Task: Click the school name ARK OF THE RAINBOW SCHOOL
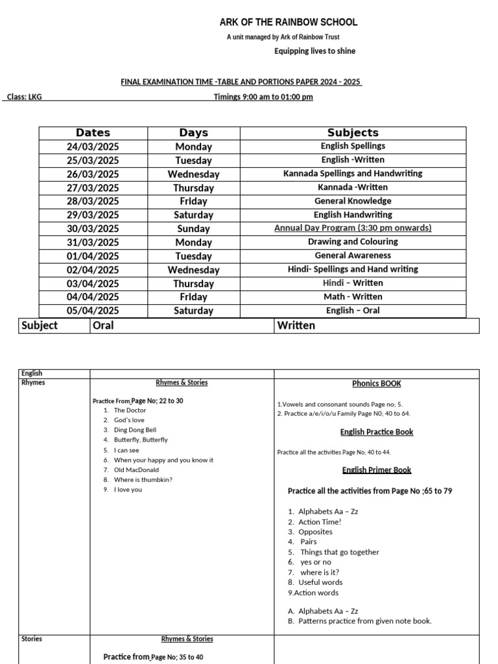[288, 22]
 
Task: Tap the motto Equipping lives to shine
[314, 51]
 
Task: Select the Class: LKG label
[25, 97]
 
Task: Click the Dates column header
[93, 133]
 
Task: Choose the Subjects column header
[353, 133]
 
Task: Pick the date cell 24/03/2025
[93, 147]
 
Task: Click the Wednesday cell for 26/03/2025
[193, 174]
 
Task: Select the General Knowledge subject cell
[353, 201]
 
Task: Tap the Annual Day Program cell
[353, 228]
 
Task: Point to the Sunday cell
[193, 229]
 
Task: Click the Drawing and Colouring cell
[353, 242]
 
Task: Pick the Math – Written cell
[353, 297]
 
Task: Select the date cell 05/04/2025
[93, 311]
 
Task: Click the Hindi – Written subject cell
[353, 283]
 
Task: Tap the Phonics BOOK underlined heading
[377, 384]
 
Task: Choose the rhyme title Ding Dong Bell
[135, 430]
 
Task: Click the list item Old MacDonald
[136, 470]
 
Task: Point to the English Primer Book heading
[377, 470]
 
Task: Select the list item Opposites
[315, 532]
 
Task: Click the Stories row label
[32, 639]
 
